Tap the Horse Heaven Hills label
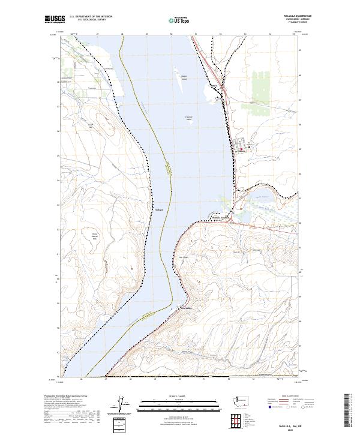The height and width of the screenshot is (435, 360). click(x=94, y=236)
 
